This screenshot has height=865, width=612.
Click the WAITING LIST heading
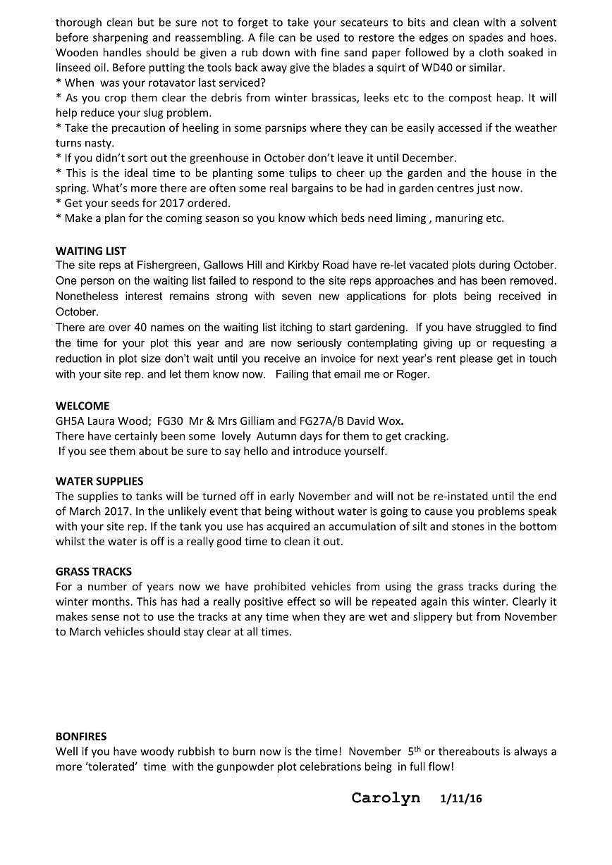click(x=91, y=251)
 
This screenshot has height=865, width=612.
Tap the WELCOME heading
click(x=82, y=406)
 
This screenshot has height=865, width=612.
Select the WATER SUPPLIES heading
click(x=99, y=481)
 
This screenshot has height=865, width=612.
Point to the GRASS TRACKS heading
click(x=94, y=571)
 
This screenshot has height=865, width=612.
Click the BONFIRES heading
click(x=81, y=736)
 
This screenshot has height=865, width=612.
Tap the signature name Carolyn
click(x=386, y=797)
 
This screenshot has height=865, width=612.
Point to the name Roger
click(x=412, y=374)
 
